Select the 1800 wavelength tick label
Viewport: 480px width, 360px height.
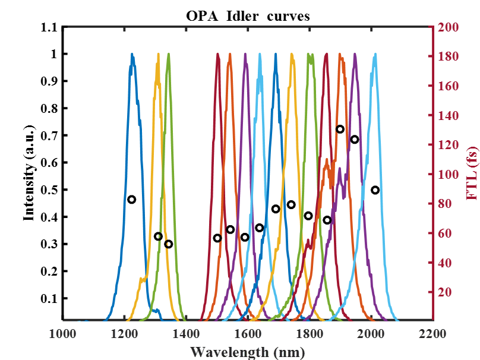click(309, 334)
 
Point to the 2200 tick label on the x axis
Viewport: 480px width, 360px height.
click(433, 334)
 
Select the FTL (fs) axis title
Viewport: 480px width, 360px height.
click(473, 173)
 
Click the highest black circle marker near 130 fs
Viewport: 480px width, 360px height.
click(340, 130)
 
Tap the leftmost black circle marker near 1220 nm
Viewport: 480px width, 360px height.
click(132, 200)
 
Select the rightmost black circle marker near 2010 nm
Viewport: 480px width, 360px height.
click(375, 190)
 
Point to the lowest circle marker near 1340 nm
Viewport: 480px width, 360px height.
click(169, 244)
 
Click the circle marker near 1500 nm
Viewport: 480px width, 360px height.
click(217, 238)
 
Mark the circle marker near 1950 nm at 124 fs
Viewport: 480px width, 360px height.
click(355, 140)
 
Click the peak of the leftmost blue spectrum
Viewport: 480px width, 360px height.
click(132, 55)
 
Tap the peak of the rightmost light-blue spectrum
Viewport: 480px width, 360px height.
click(375, 55)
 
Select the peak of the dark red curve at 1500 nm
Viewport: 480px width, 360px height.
click(218, 55)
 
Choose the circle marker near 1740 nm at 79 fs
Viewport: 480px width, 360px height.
click(291, 205)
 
